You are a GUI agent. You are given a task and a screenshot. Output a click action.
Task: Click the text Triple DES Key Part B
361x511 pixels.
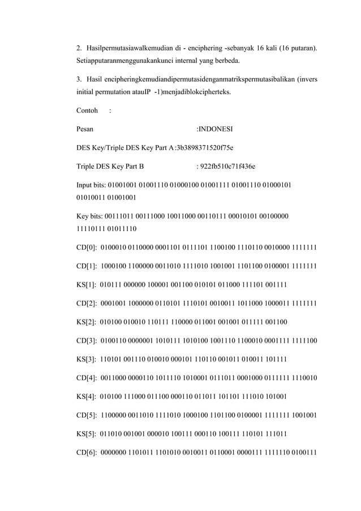(x=110, y=168)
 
